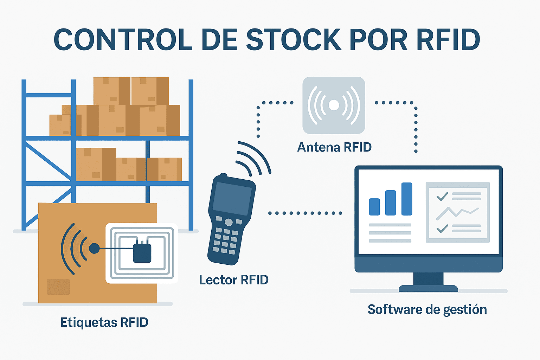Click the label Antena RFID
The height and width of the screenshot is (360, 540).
[334, 147]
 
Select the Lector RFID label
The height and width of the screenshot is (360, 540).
[234, 280]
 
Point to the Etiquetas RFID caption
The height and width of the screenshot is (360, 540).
[104, 322]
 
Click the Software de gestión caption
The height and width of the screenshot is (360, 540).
[427, 309]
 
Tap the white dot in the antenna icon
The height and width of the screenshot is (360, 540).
[334, 105]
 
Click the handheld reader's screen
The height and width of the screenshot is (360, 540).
[232, 199]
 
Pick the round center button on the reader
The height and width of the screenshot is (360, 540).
[229, 222]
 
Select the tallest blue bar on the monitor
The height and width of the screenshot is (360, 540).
[407, 199]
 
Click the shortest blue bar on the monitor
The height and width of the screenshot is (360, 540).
[374, 207]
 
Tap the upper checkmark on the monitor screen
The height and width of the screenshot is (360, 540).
[442, 196]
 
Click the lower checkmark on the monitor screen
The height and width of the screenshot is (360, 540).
[442, 229]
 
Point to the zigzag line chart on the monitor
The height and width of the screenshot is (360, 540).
[457, 212]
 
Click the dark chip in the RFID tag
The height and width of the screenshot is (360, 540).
[142, 252]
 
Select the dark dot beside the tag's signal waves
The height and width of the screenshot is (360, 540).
[94, 249]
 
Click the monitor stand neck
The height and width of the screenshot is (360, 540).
[428, 279]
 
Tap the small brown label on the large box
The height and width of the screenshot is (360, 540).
[58, 287]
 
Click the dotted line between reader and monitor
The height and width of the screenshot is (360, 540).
[305, 213]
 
